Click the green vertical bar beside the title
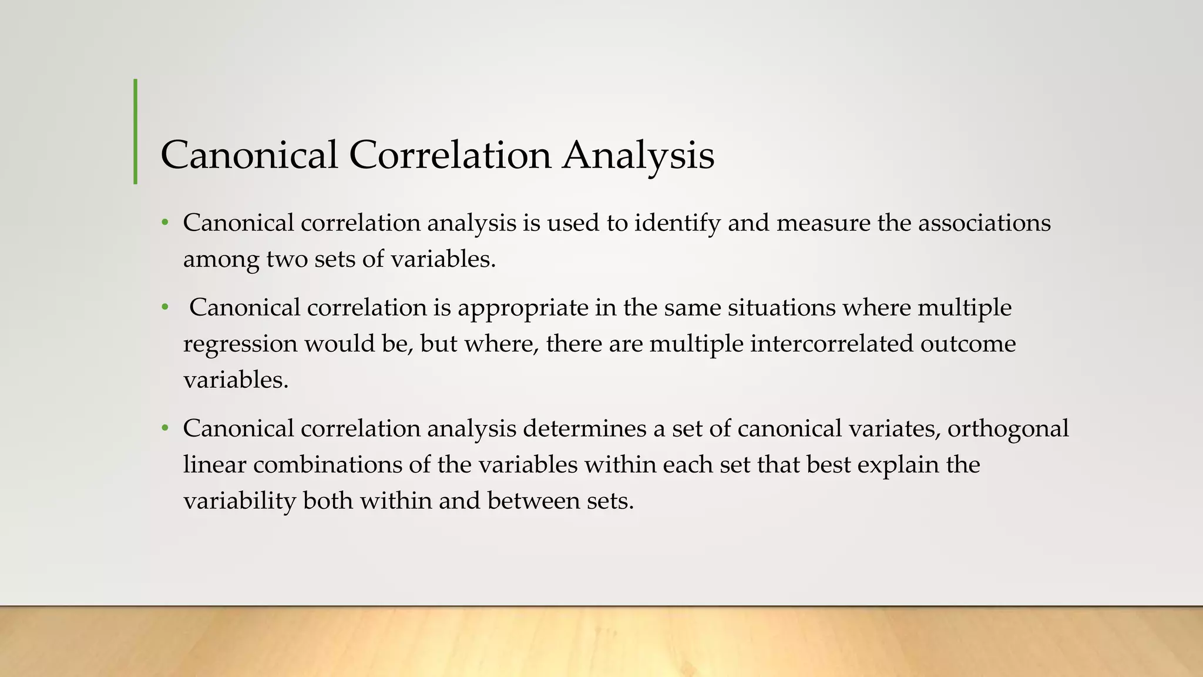(136, 132)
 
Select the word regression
(240, 344)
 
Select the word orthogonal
(1008, 430)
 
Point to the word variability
(240, 501)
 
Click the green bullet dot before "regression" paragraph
(166, 307)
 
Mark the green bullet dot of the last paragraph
(166, 428)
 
